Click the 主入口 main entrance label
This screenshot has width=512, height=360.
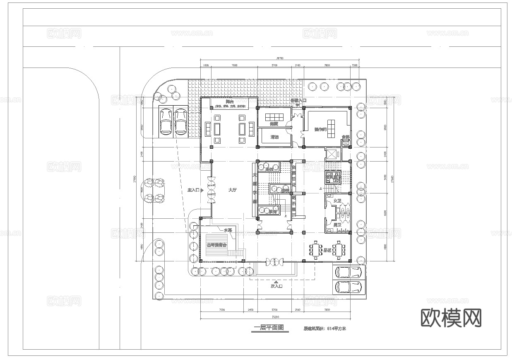pyautogui.click(x=193, y=190)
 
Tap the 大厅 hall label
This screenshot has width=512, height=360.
pyautogui.click(x=232, y=190)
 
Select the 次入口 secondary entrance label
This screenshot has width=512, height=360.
pyautogui.click(x=276, y=286)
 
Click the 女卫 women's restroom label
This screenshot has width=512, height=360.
pyautogui.click(x=337, y=201)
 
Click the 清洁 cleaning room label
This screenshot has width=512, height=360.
pyautogui.click(x=274, y=137)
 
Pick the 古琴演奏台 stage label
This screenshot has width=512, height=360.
pyautogui.click(x=216, y=245)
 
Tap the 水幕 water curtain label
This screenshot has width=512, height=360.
pyautogui.click(x=228, y=230)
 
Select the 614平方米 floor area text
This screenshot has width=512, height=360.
pyautogui.click(x=336, y=329)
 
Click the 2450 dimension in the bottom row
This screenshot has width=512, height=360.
pyautogui.click(x=250, y=309)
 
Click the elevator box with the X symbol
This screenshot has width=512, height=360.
pyautogui.click(x=332, y=155)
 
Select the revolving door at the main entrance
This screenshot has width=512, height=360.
pyautogui.click(x=212, y=190)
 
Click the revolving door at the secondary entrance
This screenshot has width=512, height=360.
pyautogui.click(x=274, y=261)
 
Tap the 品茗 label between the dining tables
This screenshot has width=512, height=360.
pyautogui.click(x=327, y=250)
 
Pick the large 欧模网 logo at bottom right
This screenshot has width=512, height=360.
pyautogui.click(x=451, y=318)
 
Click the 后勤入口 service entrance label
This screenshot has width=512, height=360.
pyautogui.click(x=298, y=101)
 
